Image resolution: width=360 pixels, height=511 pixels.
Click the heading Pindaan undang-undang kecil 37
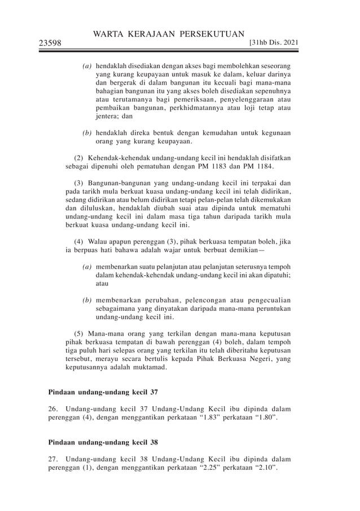pyautogui.click(x=103, y=391)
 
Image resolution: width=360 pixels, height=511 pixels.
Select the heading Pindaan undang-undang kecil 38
pyautogui.click(x=103, y=442)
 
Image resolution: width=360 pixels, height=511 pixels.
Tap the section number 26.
pyautogui.click(x=52, y=408)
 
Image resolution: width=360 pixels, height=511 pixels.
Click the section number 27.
pyautogui.click(x=52, y=459)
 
